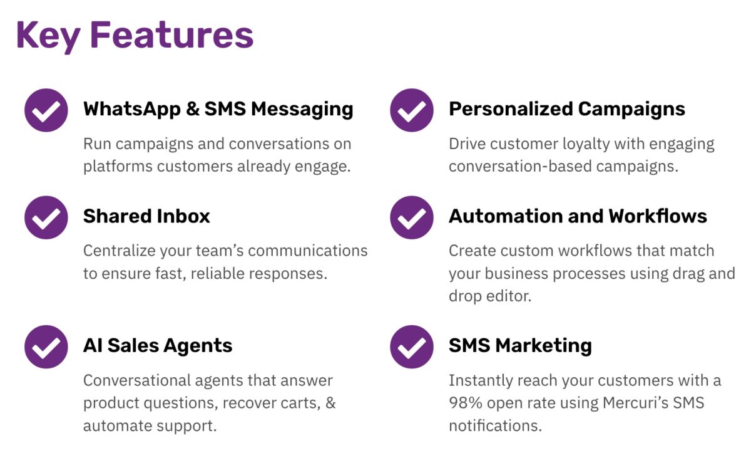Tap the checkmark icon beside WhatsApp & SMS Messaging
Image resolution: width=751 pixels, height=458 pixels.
click(x=46, y=110)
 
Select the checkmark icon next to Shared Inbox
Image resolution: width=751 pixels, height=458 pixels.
click(x=46, y=217)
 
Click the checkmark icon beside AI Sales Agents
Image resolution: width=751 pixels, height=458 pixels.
click(x=46, y=346)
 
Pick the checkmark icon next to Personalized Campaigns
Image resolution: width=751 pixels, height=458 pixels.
click(x=412, y=110)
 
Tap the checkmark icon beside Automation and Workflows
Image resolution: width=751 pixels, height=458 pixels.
click(x=412, y=217)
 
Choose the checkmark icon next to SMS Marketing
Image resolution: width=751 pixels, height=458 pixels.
click(x=412, y=346)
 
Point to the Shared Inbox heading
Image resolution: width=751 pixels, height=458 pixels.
click(x=146, y=216)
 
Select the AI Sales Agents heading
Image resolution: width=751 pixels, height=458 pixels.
click(x=158, y=345)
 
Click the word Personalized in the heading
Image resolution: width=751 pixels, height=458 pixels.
click(x=511, y=109)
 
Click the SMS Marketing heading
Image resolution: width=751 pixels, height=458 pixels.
click(x=520, y=345)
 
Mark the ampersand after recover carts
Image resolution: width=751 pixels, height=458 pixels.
click(x=331, y=403)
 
